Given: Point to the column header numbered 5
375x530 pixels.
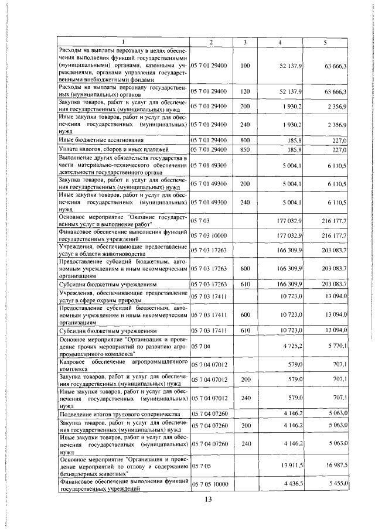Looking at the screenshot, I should click(x=325, y=42).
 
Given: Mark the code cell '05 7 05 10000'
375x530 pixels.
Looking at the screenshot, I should click(x=212, y=484).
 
